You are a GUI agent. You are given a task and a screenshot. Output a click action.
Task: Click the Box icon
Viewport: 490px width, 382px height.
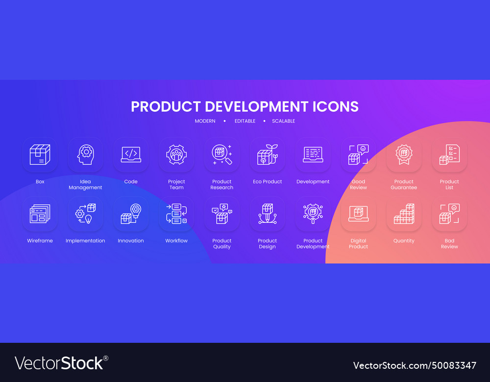pos(40,154)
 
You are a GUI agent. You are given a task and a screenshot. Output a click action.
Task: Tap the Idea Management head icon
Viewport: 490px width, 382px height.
pos(85,154)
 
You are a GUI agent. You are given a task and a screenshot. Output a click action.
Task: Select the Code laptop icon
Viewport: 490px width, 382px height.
pos(131,154)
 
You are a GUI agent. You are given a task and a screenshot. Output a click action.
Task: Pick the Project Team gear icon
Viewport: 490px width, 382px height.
pos(176,154)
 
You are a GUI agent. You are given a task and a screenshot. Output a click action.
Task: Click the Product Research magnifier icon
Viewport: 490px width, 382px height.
pos(222,154)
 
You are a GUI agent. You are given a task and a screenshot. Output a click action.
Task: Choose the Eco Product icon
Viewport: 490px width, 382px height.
pos(268,154)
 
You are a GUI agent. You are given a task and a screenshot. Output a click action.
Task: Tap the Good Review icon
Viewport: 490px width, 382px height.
pos(358,154)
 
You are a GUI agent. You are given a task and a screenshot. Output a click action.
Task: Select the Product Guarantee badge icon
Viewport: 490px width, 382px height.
pos(404,154)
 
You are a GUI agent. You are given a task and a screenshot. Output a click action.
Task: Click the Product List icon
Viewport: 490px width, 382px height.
pos(449,154)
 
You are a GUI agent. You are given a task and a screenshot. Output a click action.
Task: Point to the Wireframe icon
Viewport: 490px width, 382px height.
pos(40,214)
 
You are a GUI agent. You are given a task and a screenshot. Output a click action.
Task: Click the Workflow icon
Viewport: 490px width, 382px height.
pos(176,214)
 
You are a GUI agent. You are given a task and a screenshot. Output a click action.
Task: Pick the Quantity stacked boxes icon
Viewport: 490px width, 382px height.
pos(404,214)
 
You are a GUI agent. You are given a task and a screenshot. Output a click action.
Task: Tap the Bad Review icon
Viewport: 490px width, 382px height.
pos(449,214)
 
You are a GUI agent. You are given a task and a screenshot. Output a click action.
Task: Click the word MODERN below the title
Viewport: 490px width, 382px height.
pos(205,121)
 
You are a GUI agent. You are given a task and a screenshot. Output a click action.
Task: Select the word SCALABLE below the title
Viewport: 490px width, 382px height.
pos(283,121)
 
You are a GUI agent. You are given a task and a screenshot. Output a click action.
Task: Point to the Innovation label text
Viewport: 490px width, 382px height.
pos(131,241)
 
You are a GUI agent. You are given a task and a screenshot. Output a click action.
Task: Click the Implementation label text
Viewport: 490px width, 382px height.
pos(85,241)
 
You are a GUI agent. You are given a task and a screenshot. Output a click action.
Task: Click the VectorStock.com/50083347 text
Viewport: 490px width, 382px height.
pos(415,365)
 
